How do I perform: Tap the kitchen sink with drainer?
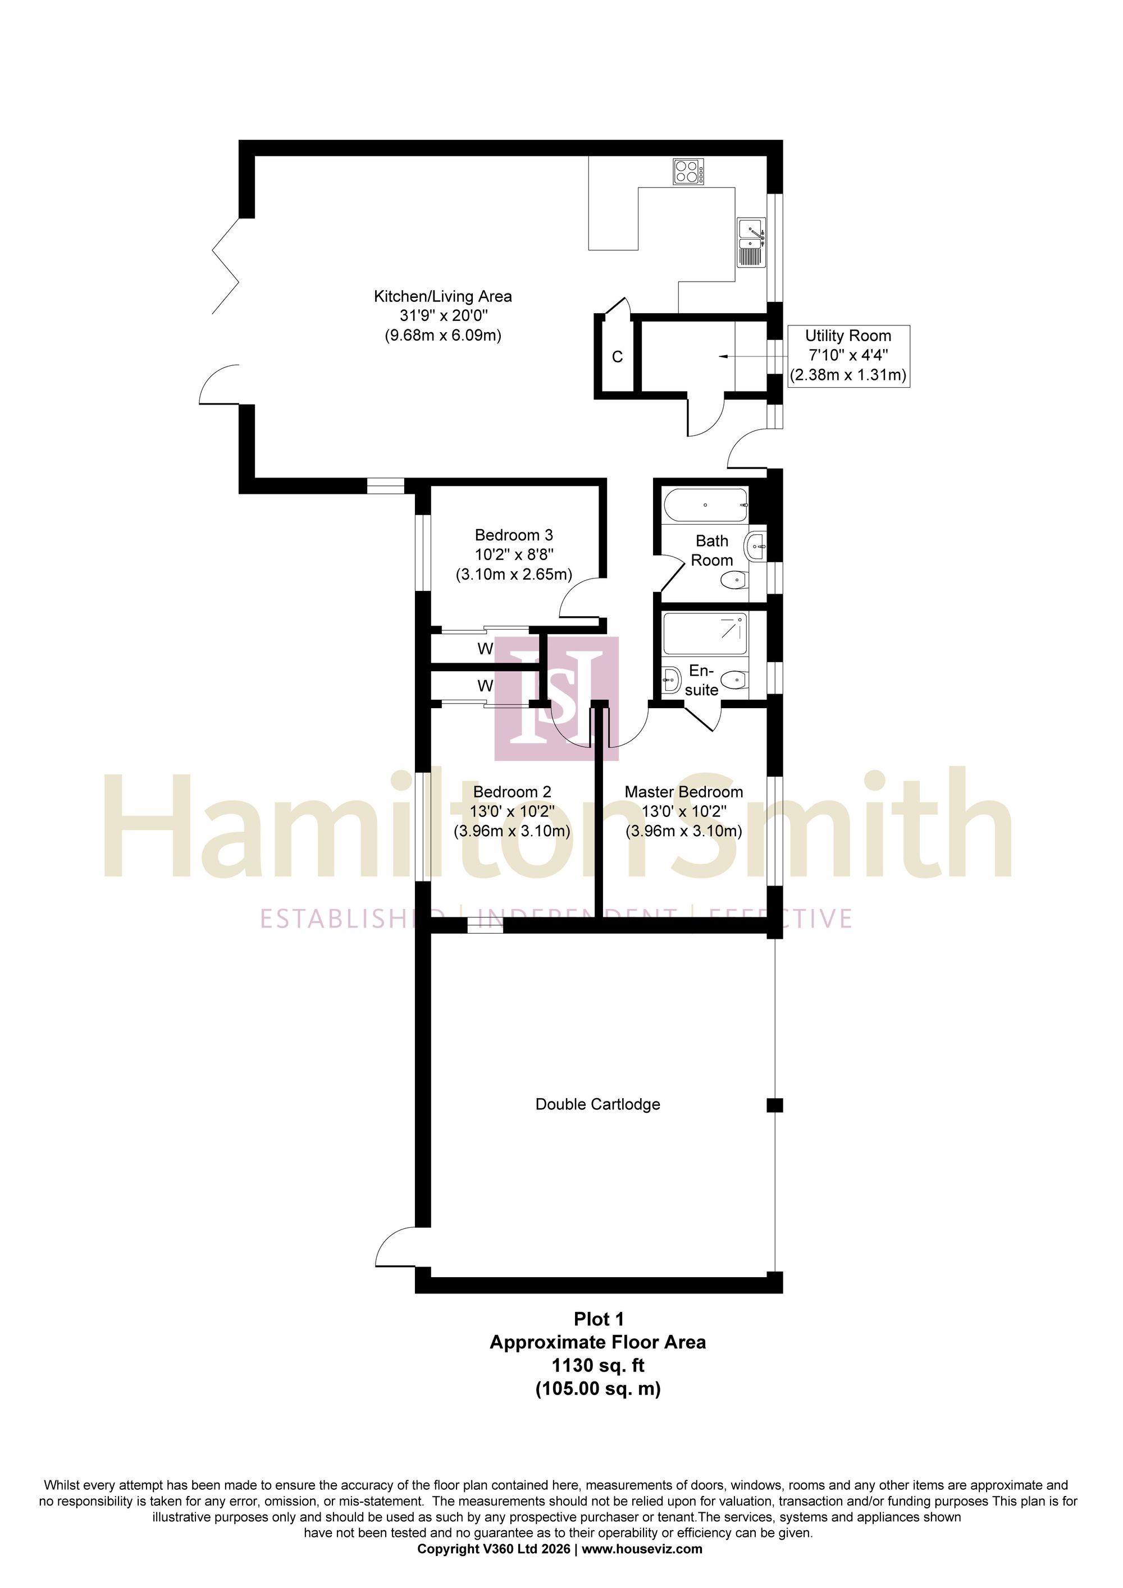tap(751, 243)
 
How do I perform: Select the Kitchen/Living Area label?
tap(443, 297)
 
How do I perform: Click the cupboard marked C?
tap(618, 357)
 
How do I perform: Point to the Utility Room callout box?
tap(848, 356)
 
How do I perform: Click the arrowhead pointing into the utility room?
tap(724, 357)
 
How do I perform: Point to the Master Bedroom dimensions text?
tap(683, 821)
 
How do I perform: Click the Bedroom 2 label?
tap(512, 792)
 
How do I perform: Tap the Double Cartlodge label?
tap(598, 1104)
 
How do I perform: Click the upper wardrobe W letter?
tap(485, 649)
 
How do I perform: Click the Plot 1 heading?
tap(599, 1320)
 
